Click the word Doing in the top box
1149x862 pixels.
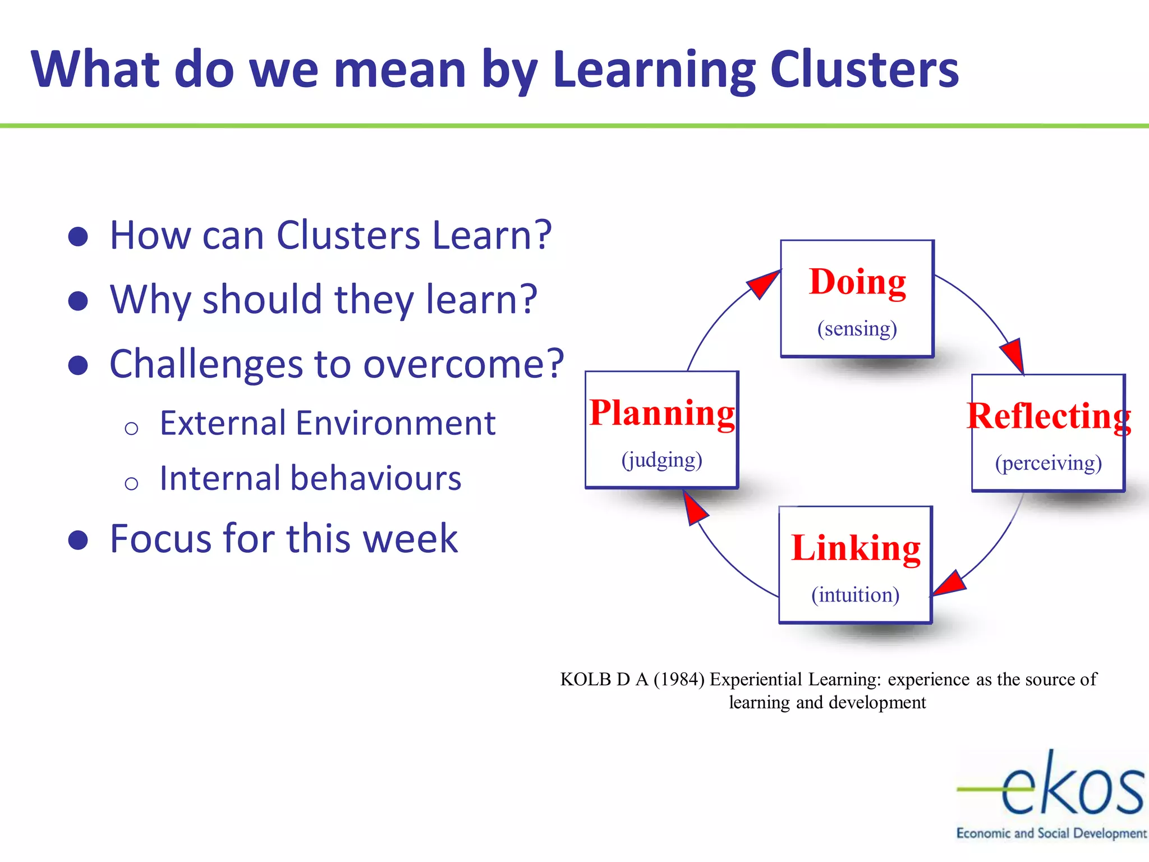click(857, 282)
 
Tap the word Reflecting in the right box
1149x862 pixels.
click(1049, 416)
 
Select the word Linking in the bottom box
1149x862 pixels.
click(856, 548)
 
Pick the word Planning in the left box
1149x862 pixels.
click(662, 413)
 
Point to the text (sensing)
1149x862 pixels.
click(857, 328)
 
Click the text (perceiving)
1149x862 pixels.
click(1049, 463)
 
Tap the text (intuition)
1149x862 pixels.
click(855, 595)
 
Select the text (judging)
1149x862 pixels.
click(661, 460)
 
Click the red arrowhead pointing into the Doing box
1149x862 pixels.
click(764, 283)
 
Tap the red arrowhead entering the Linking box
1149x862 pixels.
click(949, 584)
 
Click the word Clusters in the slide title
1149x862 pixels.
click(864, 70)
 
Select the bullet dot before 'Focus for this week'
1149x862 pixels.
click(78, 540)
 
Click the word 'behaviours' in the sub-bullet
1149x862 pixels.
click(375, 479)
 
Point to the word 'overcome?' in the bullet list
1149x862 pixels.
click(463, 364)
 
